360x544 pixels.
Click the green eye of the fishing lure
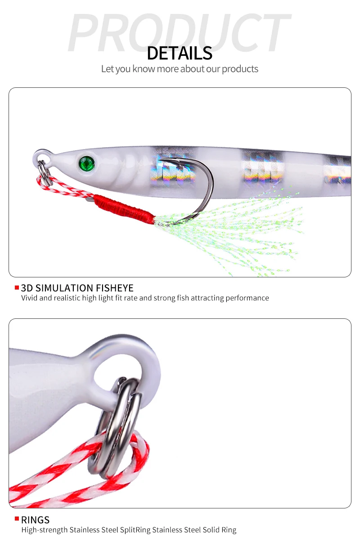pos(87,163)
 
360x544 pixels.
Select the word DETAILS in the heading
pos(180,53)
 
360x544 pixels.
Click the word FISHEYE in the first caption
pos(115,288)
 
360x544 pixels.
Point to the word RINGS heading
pos(36,520)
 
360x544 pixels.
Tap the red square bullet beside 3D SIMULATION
pos(17,288)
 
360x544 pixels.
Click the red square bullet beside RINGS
pos(17,519)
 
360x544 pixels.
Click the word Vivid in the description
pos(29,298)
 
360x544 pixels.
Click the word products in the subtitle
pos(240,69)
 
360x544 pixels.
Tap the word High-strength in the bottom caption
pos(45,530)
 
